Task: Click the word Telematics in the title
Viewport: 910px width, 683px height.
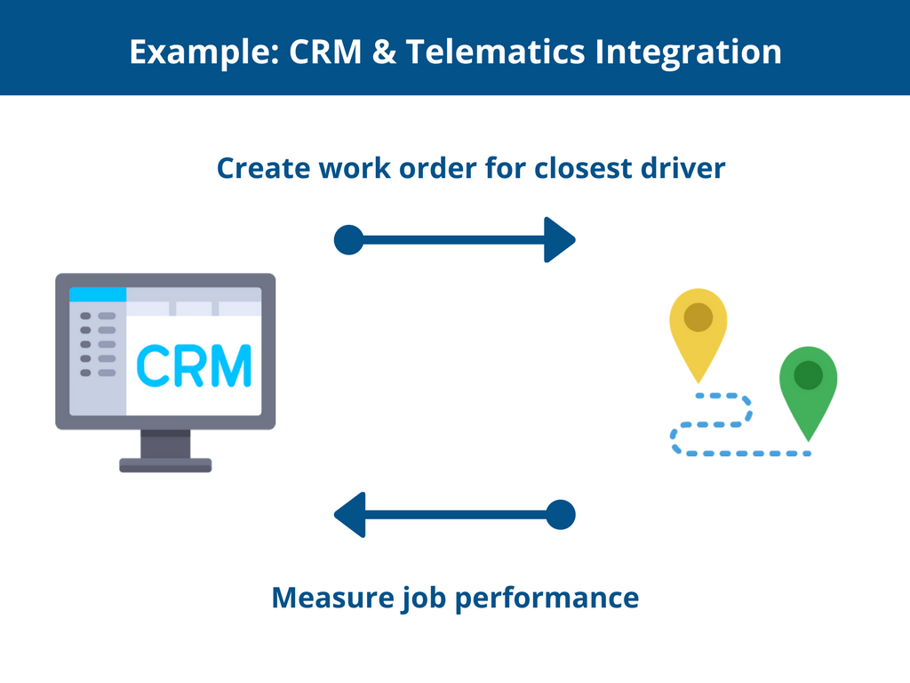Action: (496, 52)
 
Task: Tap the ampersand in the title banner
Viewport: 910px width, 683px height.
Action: (384, 52)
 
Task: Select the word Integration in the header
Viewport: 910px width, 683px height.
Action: (689, 53)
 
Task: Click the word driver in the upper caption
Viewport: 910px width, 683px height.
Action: (683, 168)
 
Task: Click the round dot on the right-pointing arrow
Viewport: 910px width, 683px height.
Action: (348, 240)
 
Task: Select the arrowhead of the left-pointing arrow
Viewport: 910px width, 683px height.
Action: (350, 515)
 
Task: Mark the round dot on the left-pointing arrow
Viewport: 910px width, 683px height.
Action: (561, 515)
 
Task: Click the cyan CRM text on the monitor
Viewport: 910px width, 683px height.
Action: (194, 366)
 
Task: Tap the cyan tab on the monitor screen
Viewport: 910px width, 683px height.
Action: (98, 294)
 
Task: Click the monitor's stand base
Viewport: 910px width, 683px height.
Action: (165, 465)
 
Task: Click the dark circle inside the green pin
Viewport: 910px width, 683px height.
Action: (809, 374)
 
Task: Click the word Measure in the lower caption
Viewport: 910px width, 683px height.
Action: (332, 598)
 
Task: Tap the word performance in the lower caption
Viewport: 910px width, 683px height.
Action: (547, 599)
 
